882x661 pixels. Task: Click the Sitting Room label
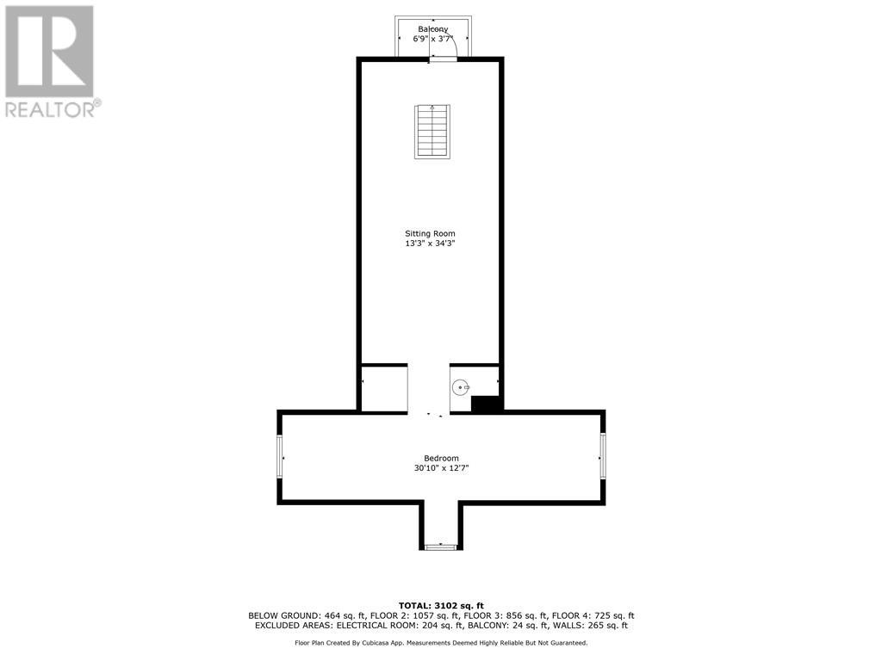pos(430,233)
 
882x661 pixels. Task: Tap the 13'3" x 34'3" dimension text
pos(430,244)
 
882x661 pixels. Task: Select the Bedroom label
pos(441,458)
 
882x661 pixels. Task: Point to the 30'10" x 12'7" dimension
pos(441,468)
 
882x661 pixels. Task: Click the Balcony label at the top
pos(432,29)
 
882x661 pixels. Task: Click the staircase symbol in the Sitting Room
pos(432,132)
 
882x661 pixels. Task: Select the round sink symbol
pos(462,387)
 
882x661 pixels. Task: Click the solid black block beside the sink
pos(487,403)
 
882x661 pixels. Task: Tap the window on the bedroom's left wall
pos(280,455)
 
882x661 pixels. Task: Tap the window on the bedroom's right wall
pos(602,455)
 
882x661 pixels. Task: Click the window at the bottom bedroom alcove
pos(441,547)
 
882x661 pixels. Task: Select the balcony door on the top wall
pos(444,59)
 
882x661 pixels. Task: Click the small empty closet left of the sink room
pos(384,389)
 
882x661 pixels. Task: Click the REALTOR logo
pos(50,61)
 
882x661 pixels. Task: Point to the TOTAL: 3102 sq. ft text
pos(441,605)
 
